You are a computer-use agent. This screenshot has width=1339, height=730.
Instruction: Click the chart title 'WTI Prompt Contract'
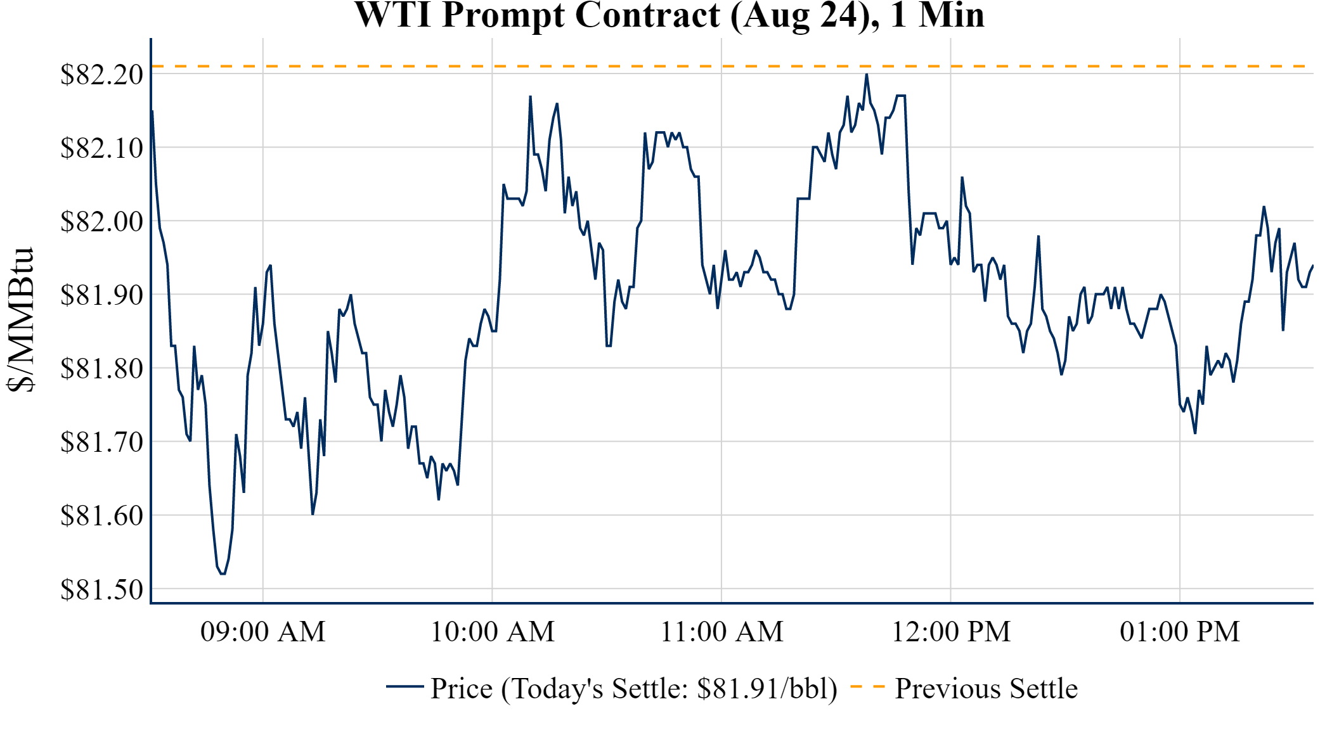(669, 15)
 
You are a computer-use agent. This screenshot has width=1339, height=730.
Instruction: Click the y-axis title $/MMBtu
(20, 320)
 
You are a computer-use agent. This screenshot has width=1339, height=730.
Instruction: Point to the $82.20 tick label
(101, 75)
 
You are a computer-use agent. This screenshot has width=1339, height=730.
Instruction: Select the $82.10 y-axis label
(101, 148)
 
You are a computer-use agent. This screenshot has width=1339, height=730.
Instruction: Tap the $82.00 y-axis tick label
(101, 222)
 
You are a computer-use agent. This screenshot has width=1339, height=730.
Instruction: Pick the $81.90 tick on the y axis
(101, 295)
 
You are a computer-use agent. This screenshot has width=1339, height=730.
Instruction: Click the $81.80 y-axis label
(101, 369)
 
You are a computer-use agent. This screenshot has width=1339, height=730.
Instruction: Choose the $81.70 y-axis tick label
(101, 442)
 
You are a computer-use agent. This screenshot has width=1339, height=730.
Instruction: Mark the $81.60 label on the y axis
(101, 516)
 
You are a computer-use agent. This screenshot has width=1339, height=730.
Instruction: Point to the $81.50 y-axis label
(101, 589)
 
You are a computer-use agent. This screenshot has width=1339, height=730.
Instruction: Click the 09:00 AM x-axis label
(263, 632)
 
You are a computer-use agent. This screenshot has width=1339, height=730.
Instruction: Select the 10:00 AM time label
(493, 632)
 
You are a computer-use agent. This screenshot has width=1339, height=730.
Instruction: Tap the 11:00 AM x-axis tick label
(721, 632)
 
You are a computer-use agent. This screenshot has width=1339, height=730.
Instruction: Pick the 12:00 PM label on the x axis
(951, 632)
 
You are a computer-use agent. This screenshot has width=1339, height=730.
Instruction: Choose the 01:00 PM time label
(1180, 632)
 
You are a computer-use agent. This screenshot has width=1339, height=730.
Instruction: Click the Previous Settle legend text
(986, 689)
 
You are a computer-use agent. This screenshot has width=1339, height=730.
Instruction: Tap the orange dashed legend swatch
(867, 687)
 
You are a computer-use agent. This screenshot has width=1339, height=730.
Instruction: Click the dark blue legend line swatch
(404, 686)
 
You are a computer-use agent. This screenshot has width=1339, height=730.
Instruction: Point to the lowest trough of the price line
(223, 573)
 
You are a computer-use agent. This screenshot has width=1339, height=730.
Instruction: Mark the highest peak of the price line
(867, 75)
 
